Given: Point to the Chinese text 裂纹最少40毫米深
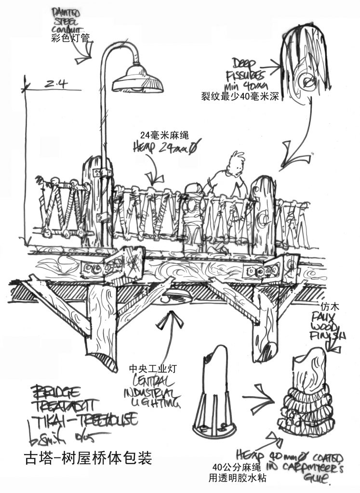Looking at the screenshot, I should [x=241, y=95].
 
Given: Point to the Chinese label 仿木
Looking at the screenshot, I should [x=329, y=306].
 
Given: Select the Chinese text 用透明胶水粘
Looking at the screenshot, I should [x=239, y=478].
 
